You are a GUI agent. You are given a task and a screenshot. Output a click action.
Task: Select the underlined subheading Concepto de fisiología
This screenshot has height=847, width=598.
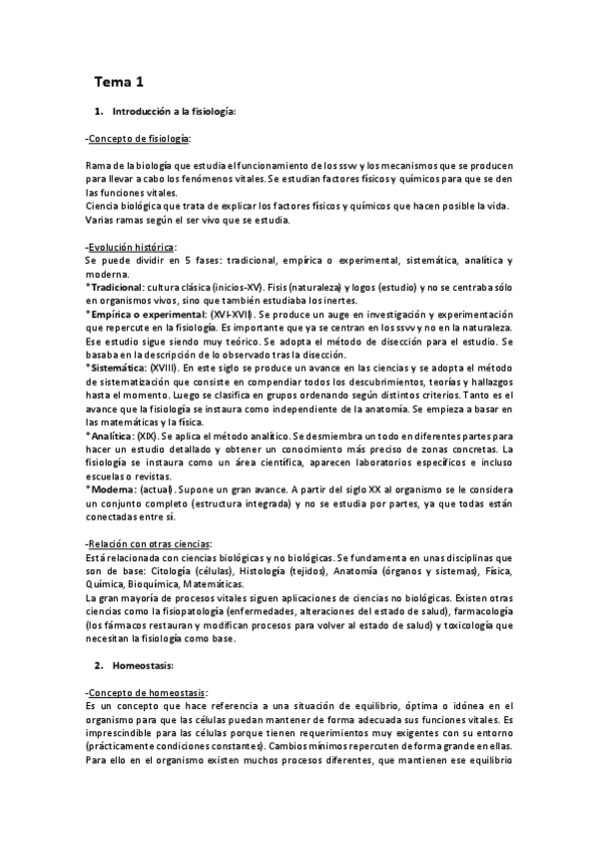tap(141, 138)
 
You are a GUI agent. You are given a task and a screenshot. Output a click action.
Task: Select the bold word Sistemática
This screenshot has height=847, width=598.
tap(118, 368)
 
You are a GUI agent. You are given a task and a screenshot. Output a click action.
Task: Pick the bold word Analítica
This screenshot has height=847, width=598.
tap(113, 435)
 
